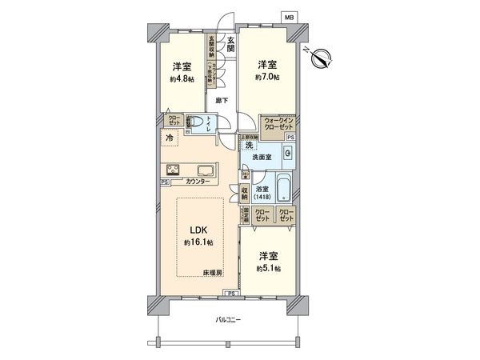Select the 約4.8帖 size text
181,79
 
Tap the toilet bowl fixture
197,124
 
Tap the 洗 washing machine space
249,146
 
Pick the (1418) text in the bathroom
262,196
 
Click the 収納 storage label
245,194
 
